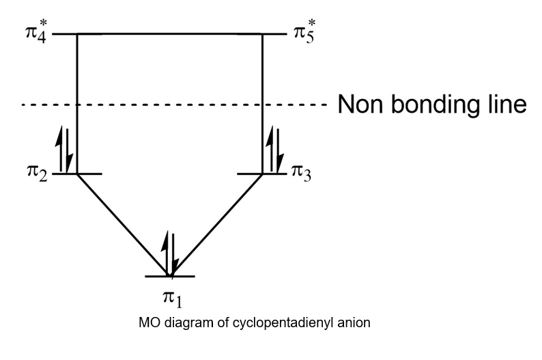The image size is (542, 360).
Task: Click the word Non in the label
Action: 365,105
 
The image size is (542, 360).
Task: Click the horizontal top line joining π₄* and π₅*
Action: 171,33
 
